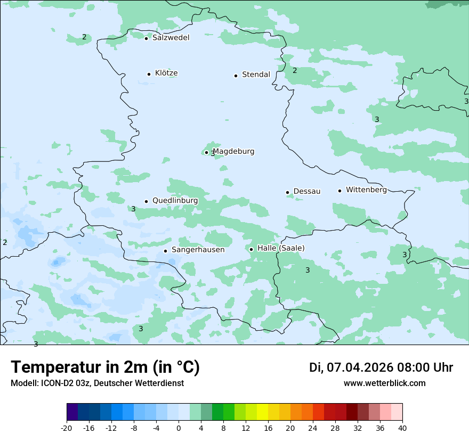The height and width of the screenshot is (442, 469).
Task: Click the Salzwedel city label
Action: (171, 38)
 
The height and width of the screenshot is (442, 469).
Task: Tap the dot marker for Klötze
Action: (149, 74)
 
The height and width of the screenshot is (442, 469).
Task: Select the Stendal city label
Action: (256, 75)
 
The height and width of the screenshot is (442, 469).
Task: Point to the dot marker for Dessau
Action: (287, 192)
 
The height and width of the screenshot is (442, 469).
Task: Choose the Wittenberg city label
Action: (366, 190)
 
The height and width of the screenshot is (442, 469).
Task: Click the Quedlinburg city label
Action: (175, 201)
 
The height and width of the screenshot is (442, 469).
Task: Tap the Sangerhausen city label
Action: (198, 250)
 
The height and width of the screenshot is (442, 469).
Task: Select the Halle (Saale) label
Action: (281, 248)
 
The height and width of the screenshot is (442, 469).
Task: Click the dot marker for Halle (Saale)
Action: (251, 249)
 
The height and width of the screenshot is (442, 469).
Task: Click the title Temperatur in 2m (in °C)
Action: (105, 367)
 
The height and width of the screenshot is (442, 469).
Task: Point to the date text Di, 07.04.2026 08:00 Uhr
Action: (381, 367)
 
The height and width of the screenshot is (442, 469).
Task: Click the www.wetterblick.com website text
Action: (384, 383)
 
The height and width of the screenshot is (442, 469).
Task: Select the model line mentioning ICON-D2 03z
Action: (97, 383)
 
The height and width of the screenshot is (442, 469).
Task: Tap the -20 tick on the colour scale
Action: (67, 428)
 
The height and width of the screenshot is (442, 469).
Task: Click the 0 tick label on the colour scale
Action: (179, 428)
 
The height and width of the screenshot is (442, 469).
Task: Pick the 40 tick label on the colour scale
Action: (402, 428)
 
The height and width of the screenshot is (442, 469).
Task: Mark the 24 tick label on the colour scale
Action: (313, 428)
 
